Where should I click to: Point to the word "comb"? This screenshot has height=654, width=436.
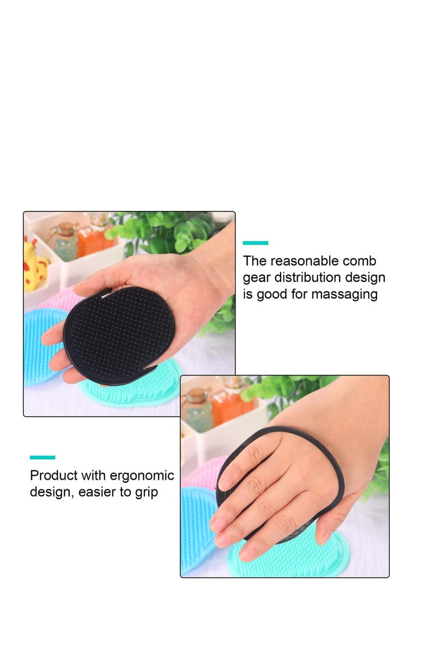click(x=360, y=261)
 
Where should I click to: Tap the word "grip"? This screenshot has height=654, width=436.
click(x=145, y=492)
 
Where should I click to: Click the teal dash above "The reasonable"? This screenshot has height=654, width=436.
click(x=256, y=243)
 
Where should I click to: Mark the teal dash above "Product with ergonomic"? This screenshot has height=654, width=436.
click(x=43, y=457)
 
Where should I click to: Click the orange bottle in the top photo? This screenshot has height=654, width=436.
click(x=92, y=238)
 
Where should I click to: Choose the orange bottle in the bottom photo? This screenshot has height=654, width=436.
click(x=231, y=406)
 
